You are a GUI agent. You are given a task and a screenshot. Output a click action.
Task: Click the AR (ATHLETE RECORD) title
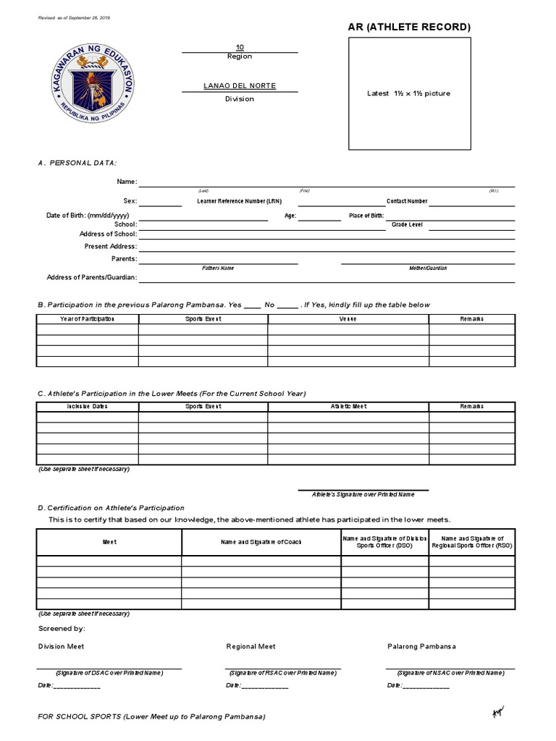(410, 27)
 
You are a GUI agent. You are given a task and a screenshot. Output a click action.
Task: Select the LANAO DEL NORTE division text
(239, 86)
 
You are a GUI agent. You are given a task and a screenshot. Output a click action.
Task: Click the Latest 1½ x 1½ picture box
(410, 93)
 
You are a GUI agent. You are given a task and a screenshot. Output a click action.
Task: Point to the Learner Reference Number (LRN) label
(239, 201)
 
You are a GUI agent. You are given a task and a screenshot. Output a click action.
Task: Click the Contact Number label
(407, 201)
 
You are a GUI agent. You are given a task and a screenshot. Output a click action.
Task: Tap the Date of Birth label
(88, 216)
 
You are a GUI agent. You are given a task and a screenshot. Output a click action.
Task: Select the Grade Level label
(407, 225)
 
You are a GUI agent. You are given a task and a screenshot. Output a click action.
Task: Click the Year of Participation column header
(88, 318)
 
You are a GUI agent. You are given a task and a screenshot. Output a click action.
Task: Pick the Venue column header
(348, 318)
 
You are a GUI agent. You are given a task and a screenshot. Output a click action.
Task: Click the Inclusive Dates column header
(88, 407)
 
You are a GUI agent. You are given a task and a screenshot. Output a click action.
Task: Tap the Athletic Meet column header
(348, 407)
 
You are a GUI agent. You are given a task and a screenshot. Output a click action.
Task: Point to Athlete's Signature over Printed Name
(363, 494)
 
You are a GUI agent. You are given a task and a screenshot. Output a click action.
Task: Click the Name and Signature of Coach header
(261, 542)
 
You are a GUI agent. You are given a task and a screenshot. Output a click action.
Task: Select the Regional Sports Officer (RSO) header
(472, 542)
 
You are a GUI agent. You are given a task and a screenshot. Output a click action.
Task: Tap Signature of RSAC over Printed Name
(282, 673)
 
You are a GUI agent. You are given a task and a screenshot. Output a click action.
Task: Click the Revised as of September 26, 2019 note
(79, 17)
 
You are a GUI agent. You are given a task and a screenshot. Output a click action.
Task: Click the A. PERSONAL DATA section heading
(77, 164)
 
